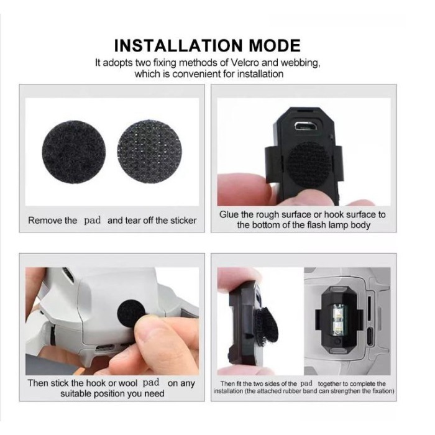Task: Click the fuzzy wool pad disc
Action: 74,152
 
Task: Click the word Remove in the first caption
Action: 45,220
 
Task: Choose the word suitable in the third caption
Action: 80,394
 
